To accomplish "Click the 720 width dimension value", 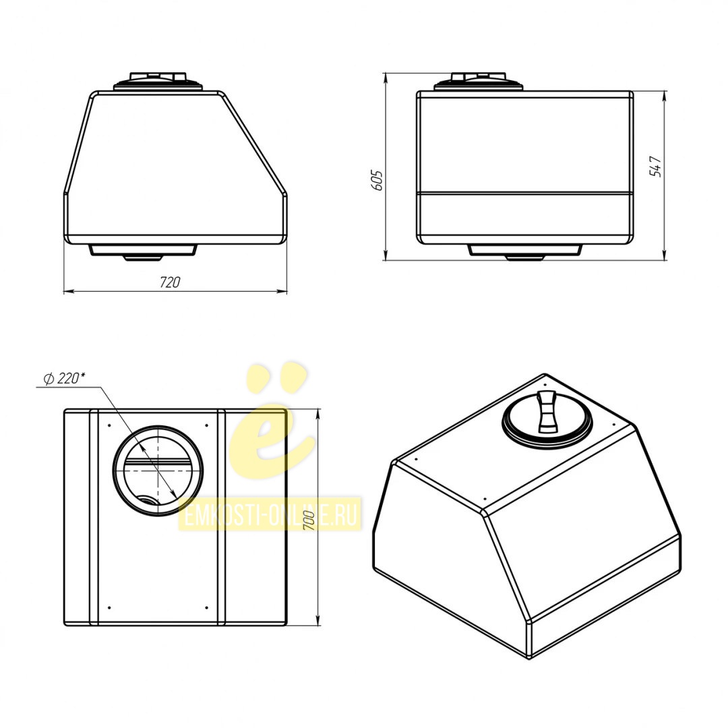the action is pyautogui.click(x=169, y=282).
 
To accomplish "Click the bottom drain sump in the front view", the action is pyautogui.click(x=142, y=251).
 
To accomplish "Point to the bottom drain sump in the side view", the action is pyautogui.click(x=524, y=251).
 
